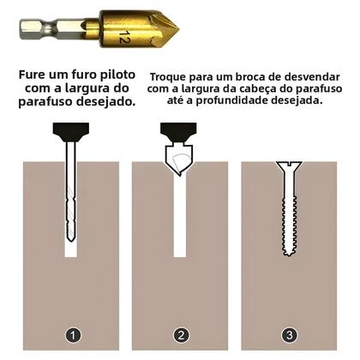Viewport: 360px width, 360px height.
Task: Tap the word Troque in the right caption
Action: coord(171,75)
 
